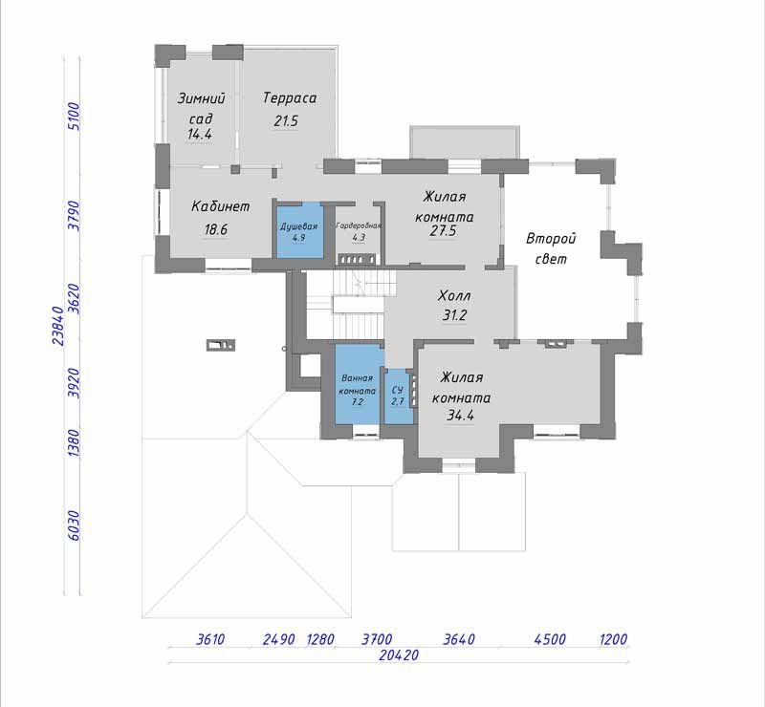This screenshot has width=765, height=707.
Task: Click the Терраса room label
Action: click(x=290, y=98)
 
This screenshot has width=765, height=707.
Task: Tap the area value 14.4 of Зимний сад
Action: click(x=200, y=134)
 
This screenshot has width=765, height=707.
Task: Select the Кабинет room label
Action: click(x=221, y=206)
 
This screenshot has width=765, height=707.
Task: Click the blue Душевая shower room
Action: click(x=300, y=230)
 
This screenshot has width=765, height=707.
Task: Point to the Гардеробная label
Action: click(x=359, y=225)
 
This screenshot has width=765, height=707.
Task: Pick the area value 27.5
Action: click(x=443, y=230)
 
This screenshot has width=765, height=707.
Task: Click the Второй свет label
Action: click(x=552, y=248)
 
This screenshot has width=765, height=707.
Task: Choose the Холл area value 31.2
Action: click(x=454, y=315)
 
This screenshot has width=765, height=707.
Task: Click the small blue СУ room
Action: click(x=399, y=396)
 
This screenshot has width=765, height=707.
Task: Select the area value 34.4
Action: click(x=461, y=416)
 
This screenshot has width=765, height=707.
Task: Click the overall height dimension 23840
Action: click(x=58, y=326)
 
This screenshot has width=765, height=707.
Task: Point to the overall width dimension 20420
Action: click(x=399, y=654)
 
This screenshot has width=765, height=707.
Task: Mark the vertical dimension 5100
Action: click(x=74, y=116)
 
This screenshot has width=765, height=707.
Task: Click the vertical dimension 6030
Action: click(x=74, y=525)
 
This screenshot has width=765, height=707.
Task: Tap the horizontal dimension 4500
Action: click(x=550, y=639)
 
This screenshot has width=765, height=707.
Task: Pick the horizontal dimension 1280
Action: click(x=320, y=639)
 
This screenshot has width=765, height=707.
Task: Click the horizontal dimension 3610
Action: click(x=210, y=639)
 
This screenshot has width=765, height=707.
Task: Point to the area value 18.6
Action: click(x=216, y=229)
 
